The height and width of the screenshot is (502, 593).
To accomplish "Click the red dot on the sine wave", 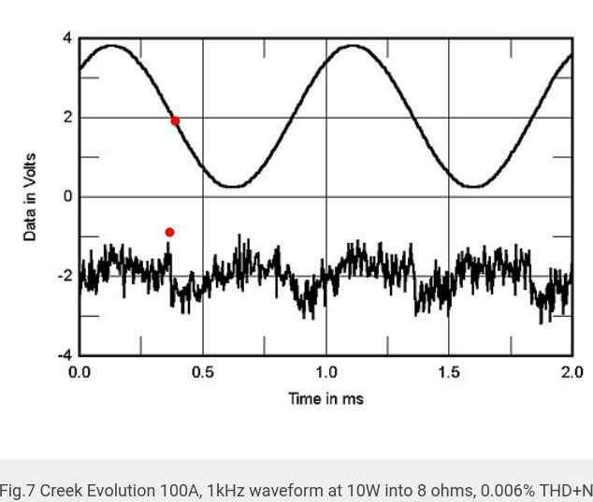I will coord(175,121).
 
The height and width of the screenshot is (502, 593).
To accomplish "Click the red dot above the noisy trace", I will coord(169,232).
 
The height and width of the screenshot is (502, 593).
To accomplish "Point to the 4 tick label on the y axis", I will coord(66,38).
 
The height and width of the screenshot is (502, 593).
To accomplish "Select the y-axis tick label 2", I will coord(66,118).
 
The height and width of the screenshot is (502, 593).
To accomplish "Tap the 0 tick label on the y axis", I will coord(66,197).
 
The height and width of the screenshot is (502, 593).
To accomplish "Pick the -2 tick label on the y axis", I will coord(64,276).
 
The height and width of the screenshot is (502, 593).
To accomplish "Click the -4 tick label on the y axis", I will coord(64,355).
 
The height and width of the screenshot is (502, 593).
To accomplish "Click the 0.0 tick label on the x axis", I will coord(80,373).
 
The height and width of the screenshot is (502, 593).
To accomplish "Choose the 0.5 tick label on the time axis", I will coord(202,373).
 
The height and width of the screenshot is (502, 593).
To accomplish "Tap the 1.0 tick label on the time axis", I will coord(325,373).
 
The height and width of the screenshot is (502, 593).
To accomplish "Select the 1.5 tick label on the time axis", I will coord(449,373).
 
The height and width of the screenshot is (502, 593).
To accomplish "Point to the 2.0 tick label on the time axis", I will coord(571,373).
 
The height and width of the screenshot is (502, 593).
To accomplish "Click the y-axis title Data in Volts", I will coord(30,197).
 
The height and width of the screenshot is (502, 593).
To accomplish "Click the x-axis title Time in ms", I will coord(325,399).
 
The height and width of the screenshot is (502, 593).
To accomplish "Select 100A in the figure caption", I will coord(176,490).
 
